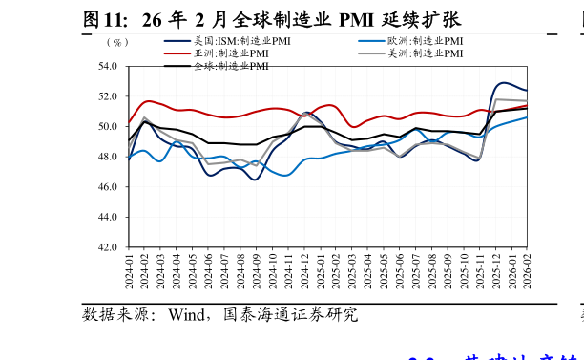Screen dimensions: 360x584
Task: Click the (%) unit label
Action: coord(116,42)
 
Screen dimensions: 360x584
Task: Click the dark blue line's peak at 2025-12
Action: coord(504,83)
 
